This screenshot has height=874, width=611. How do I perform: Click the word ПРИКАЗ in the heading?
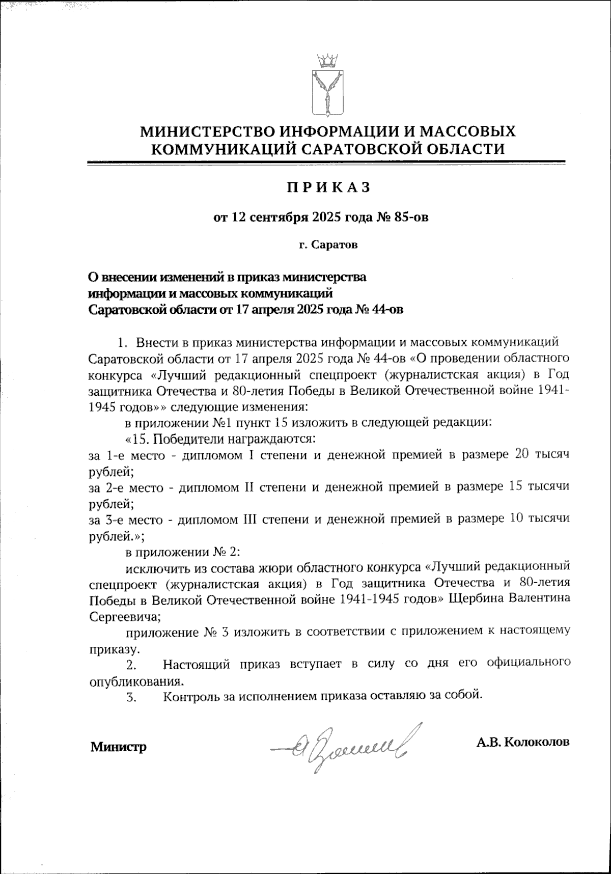tap(327, 188)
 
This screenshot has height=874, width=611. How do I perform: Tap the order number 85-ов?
tap(408, 218)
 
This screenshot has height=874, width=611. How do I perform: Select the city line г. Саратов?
tap(328, 245)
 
